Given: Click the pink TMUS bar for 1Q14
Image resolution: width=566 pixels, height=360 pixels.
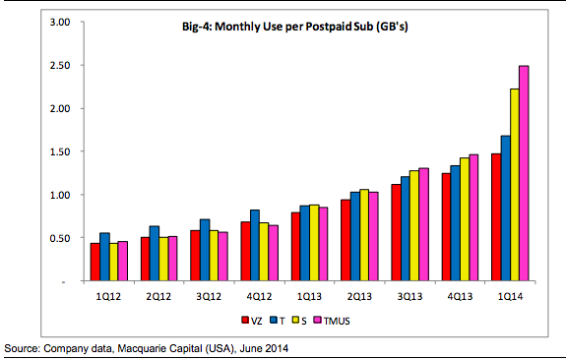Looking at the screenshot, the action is click(524, 173).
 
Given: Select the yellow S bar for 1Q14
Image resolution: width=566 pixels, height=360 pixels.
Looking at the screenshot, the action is click(515, 185).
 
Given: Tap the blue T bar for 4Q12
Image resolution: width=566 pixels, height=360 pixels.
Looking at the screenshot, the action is click(255, 245).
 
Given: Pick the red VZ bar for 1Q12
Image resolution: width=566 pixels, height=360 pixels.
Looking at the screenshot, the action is click(95, 262).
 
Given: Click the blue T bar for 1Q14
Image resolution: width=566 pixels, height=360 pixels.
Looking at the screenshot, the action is click(505, 209).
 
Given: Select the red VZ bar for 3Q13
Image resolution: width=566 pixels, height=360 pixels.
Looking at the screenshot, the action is click(396, 232).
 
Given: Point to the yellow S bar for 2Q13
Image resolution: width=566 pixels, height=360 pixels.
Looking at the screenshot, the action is click(364, 235).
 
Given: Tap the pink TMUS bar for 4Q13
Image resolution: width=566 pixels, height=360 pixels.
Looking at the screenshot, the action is click(473, 217).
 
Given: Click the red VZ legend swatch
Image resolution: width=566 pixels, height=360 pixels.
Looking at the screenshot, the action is click(245, 320).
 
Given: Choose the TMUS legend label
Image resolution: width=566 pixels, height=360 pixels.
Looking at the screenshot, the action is click(337, 321).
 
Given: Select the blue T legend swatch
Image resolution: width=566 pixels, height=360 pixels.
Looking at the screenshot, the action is click(274, 320).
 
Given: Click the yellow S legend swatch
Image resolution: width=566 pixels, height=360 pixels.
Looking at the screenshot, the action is click(296, 320).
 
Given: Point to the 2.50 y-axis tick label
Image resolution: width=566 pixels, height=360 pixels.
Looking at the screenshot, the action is click(60, 65).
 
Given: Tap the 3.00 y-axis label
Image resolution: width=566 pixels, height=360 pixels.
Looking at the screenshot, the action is click(60, 22).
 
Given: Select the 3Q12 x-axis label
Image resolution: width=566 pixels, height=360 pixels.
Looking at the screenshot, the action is click(209, 296).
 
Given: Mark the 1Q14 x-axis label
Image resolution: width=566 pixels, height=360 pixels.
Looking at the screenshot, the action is click(511, 296).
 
